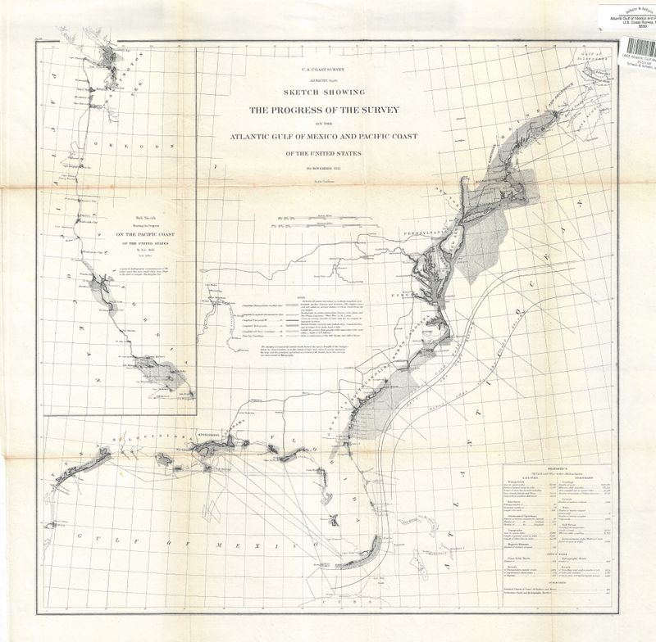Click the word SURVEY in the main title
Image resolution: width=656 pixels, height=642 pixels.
[x=380, y=111]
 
